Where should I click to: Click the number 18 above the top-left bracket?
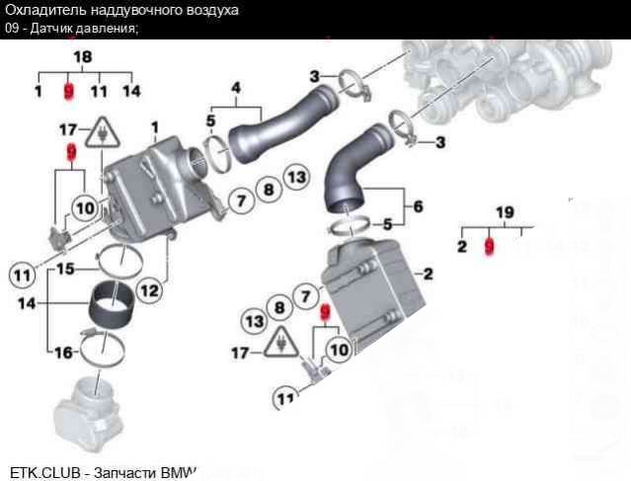point(82,57)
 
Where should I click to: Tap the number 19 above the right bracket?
point(504,211)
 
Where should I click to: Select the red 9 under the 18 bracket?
point(68,92)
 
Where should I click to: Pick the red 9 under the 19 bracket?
point(488,245)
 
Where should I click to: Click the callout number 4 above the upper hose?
point(236,88)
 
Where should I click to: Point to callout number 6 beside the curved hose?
point(418,207)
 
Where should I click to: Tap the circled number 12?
point(148,290)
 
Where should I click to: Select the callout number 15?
point(64,268)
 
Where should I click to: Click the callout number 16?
point(61,352)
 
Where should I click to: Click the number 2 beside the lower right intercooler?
point(429,274)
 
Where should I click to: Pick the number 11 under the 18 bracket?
point(98,92)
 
